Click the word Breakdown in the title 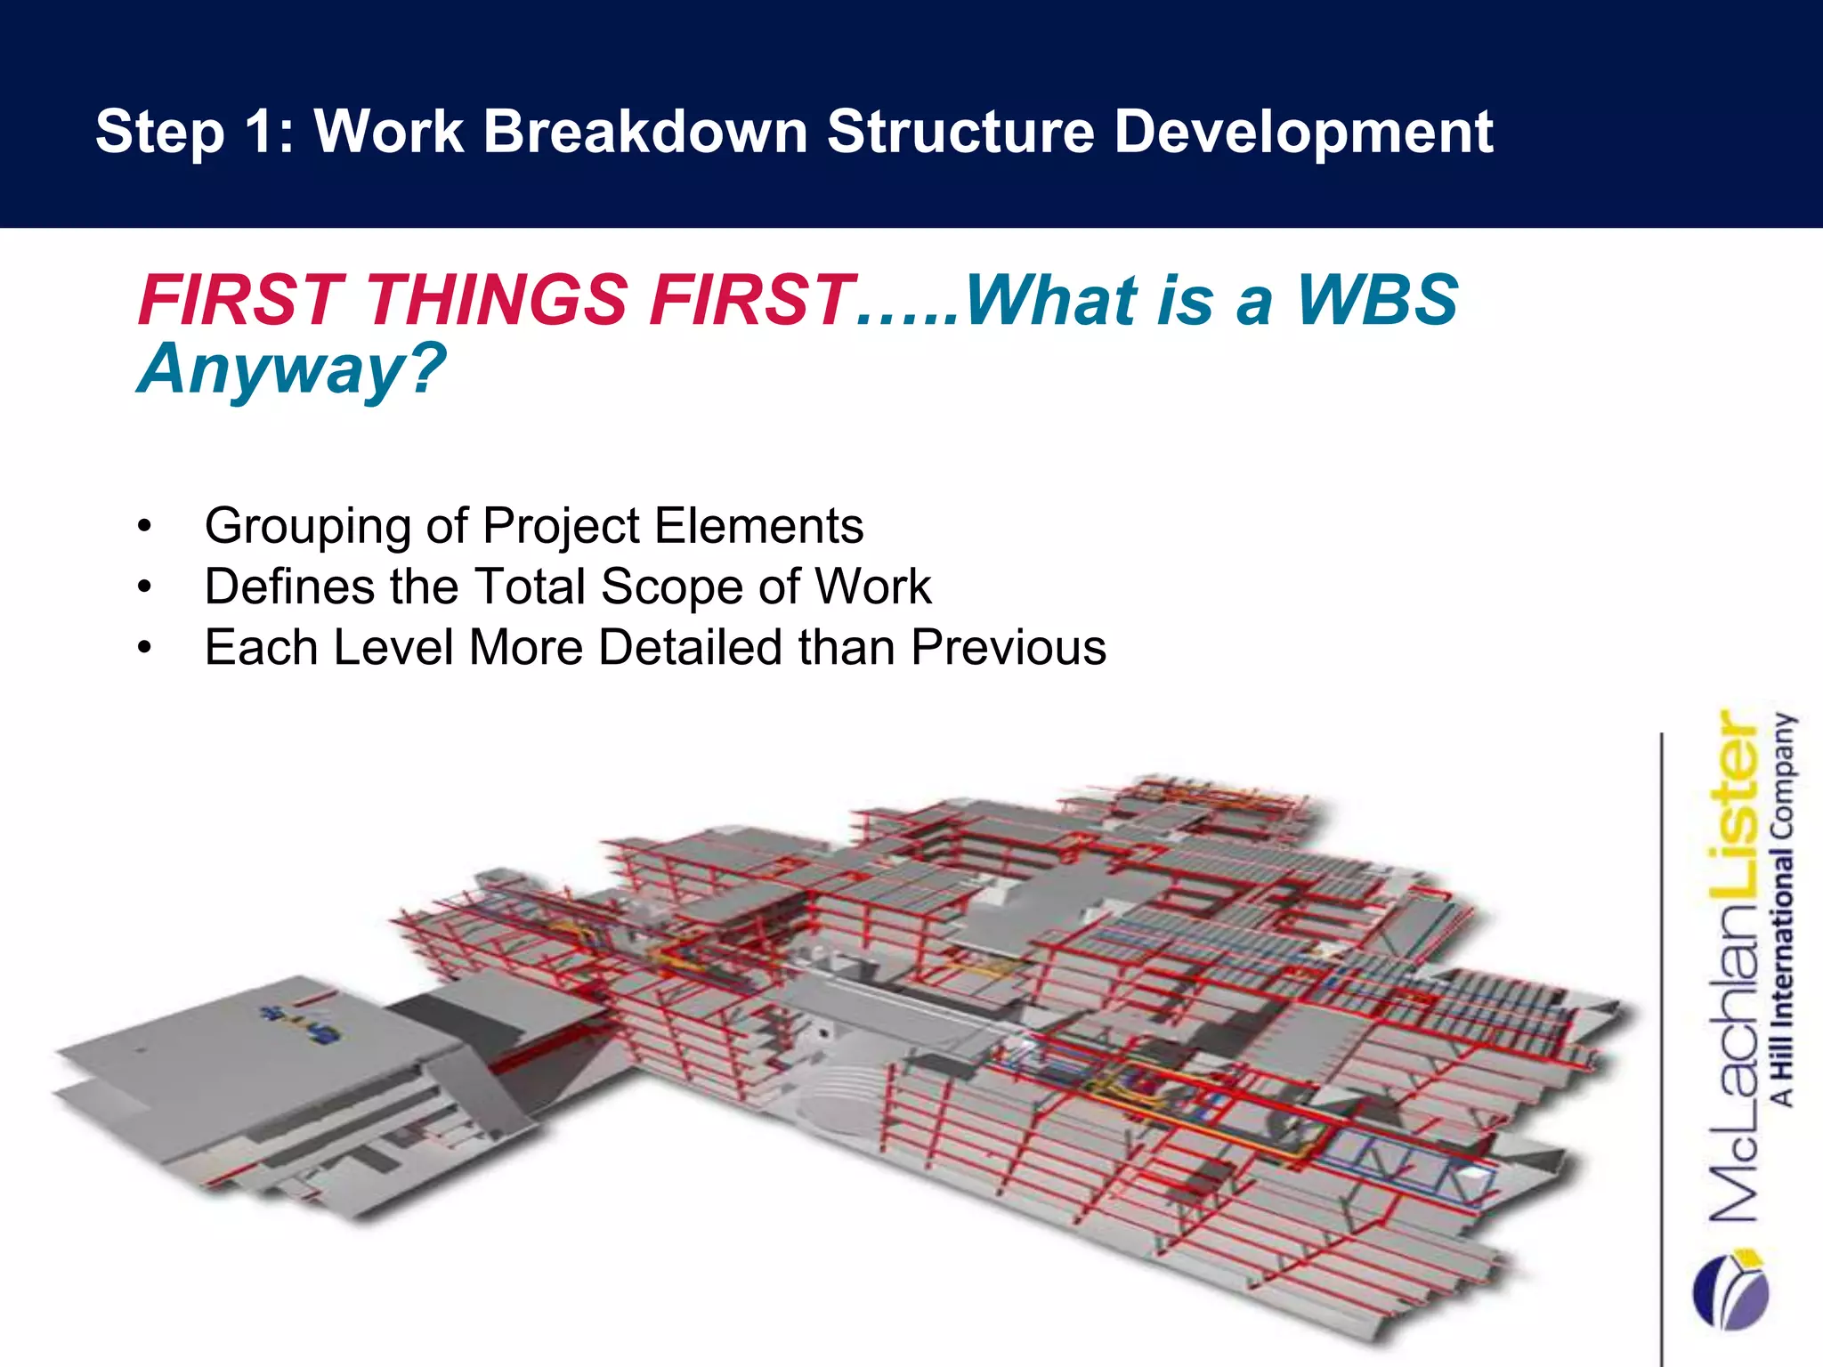click(644, 132)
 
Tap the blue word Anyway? click(292, 368)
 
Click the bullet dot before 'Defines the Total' click(145, 587)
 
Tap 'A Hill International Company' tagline click(1783, 908)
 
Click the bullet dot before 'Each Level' click(145, 648)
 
